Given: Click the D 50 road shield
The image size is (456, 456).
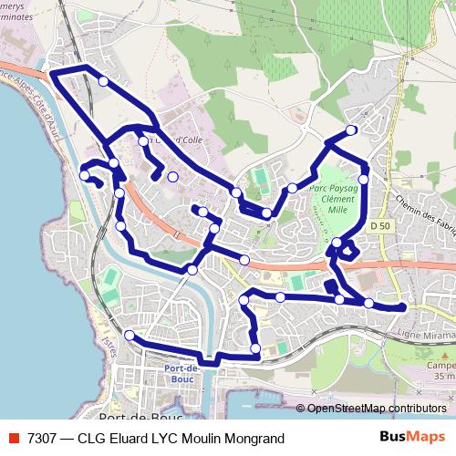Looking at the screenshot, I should click(x=380, y=225).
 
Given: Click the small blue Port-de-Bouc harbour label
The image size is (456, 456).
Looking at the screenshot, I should click(x=183, y=374).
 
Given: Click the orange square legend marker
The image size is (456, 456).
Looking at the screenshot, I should click(x=14, y=438).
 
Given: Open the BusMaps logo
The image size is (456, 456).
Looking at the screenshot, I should click(x=412, y=437).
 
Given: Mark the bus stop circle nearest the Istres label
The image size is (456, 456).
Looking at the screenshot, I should click(x=130, y=336).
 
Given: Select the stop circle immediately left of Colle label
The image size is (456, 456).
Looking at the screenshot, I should click(x=143, y=141).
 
